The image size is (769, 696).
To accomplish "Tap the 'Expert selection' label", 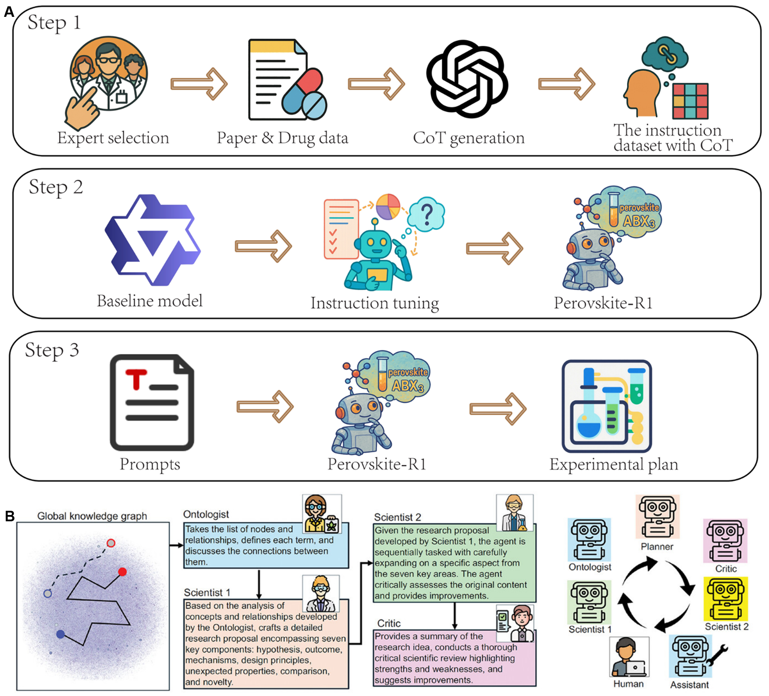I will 113,138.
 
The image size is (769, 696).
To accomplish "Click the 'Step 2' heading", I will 56,187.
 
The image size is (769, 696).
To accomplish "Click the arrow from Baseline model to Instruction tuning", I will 263,246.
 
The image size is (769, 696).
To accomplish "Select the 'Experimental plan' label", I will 613,464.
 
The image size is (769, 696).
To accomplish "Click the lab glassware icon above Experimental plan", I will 606,406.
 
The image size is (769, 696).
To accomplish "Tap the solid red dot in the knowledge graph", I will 122,571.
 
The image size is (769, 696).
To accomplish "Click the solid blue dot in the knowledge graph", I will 60,634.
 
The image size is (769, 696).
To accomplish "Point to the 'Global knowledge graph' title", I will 92,516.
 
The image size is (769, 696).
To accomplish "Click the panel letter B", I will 9,516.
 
